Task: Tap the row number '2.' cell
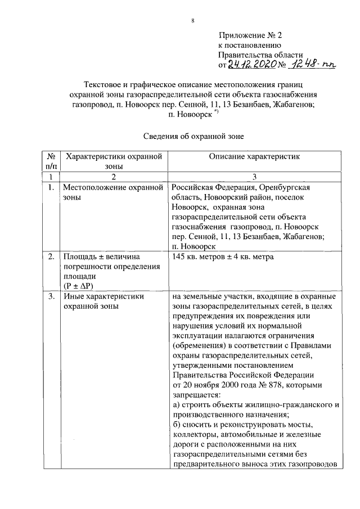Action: [x=50, y=257]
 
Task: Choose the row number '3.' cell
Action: [x=50, y=296]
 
